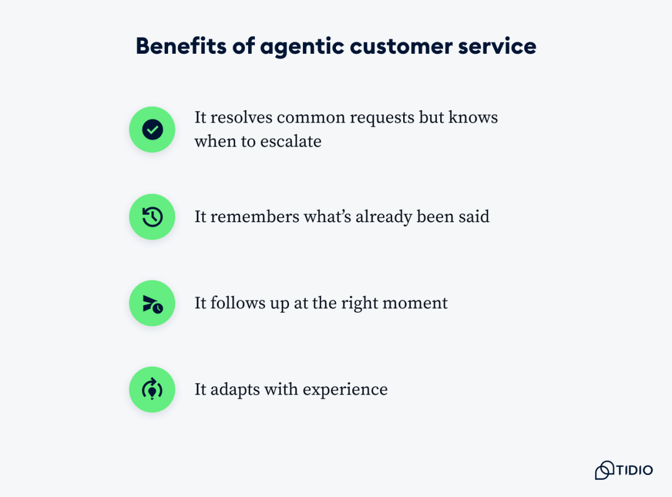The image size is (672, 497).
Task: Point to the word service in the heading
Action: pyautogui.click(x=497, y=46)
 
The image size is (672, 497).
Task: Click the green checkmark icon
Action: pyautogui.click(x=152, y=130)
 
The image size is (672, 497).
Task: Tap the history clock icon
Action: pyautogui.click(x=152, y=217)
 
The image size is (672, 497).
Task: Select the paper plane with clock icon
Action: pyautogui.click(x=152, y=304)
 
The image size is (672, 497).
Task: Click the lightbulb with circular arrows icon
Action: pyautogui.click(x=152, y=390)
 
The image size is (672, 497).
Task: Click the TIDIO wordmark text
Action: pyautogui.click(x=634, y=470)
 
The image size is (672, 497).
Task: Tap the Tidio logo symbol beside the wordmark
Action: pyautogui.click(x=604, y=470)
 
